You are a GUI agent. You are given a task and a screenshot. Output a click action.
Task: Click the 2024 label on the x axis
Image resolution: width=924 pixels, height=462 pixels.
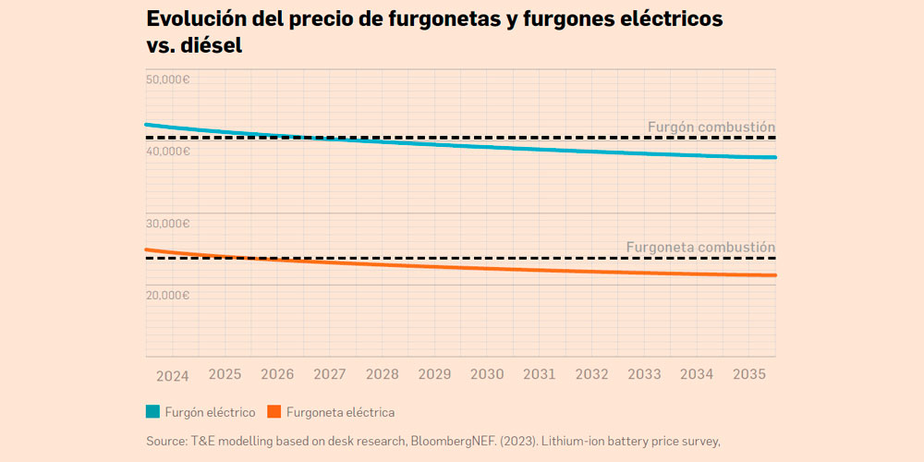coord(172,376)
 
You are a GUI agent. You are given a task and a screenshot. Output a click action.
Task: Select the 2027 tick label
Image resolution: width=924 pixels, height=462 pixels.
coord(330,375)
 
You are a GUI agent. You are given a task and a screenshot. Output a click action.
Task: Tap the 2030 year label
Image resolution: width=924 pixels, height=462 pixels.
coord(487,375)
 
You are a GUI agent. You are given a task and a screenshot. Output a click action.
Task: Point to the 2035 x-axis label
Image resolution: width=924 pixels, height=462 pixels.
coord(748,375)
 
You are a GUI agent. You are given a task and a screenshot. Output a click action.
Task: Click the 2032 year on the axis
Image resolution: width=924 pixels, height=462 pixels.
coord(591,375)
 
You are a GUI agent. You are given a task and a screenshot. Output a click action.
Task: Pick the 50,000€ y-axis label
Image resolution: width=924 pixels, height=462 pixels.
coord(168,79)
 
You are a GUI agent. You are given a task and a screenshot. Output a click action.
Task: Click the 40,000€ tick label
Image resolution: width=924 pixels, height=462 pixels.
coord(168,151)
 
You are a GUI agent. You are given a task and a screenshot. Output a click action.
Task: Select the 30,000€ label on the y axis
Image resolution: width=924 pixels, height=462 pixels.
coord(168,223)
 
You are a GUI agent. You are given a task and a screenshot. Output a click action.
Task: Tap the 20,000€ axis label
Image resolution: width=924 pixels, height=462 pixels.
coord(168,295)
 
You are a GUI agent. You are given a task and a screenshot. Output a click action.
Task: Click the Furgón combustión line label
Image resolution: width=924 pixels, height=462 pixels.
coord(711,127)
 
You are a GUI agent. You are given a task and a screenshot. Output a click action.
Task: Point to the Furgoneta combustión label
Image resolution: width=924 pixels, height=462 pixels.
coord(700,247)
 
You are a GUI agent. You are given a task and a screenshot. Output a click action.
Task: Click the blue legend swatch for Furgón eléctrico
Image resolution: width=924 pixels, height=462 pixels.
coord(153,412)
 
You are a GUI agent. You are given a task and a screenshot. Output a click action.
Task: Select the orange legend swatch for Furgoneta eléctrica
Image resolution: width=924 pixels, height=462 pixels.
coord(274,412)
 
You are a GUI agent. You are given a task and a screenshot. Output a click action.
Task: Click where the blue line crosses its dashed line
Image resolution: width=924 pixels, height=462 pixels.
coord(300,137)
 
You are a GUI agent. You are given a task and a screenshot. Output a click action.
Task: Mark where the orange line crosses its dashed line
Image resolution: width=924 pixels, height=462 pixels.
coord(242,258)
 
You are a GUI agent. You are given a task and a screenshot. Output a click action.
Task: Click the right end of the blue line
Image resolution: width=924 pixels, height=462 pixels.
coord(774,158)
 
